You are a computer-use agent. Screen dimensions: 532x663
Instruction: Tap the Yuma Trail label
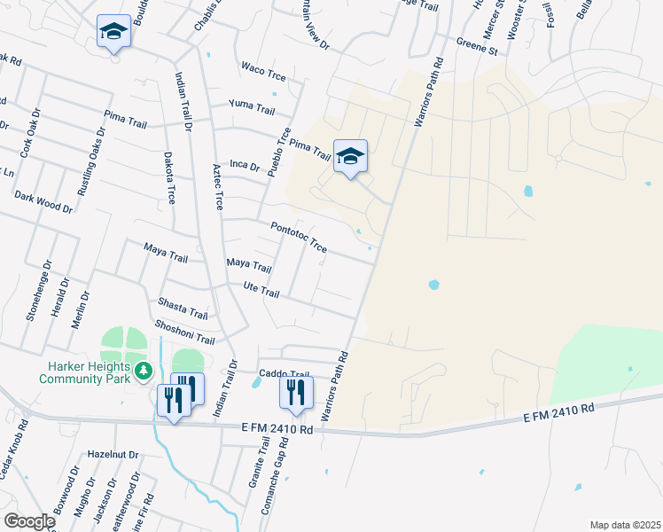click(x=252, y=106)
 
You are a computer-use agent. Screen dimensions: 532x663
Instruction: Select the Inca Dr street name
click(x=244, y=165)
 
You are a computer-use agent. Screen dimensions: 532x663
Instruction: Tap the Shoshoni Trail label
click(x=184, y=333)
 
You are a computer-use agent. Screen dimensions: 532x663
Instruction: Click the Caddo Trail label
click(x=284, y=374)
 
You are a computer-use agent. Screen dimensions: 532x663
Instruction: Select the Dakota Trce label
click(x=169, y=177)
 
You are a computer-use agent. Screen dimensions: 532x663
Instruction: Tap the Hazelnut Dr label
click(x=113, y=454)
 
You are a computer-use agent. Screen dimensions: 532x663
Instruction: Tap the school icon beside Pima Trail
click(x=350, y=157)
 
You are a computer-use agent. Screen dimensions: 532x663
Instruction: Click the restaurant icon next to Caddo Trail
click(x=296, y=392)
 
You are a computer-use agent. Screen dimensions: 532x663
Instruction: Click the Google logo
click(x=28, y=521)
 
